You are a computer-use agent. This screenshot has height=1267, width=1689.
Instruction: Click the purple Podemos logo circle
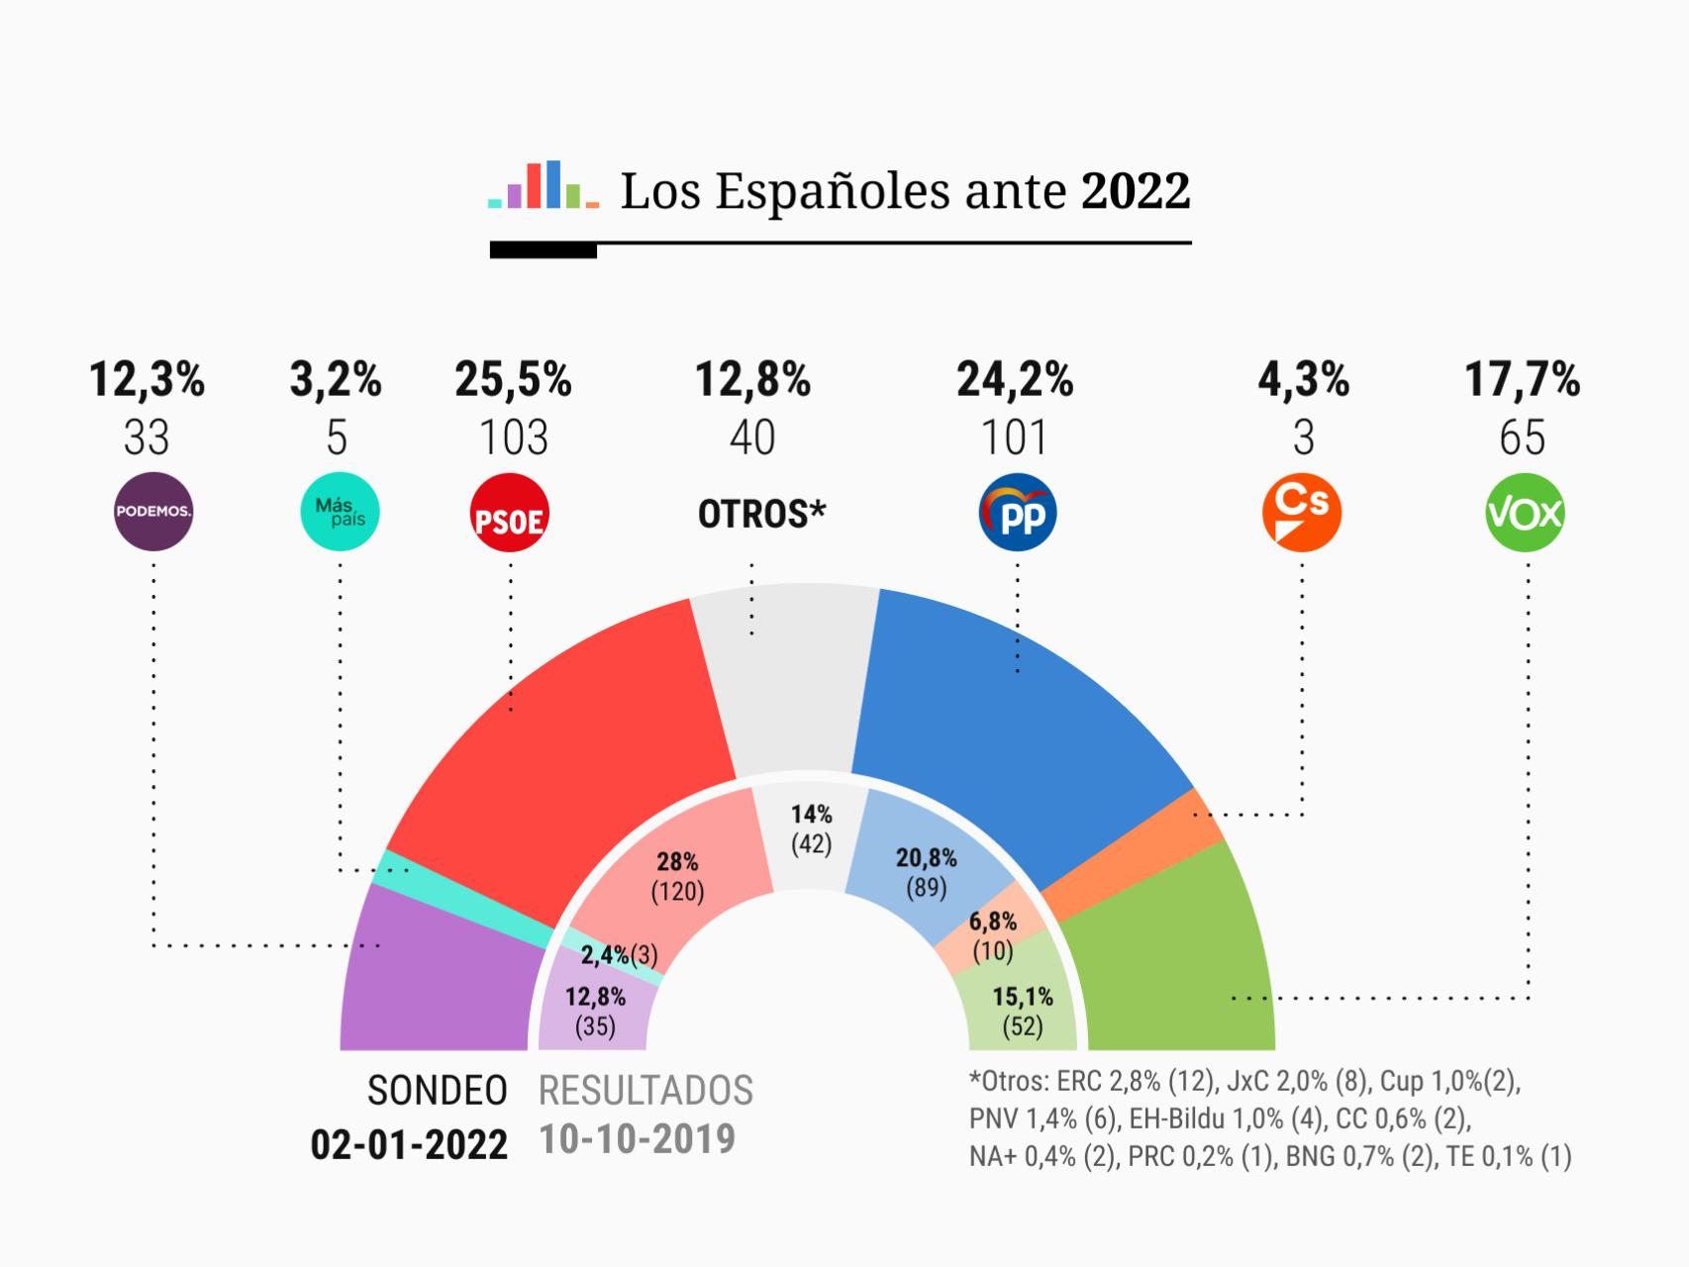(153, 512)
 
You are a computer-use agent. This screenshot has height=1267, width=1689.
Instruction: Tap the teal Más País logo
(340, 512)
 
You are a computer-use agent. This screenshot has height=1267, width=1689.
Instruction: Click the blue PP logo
(1018, 514)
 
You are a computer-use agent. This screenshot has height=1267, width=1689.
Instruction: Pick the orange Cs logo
(1302, 514)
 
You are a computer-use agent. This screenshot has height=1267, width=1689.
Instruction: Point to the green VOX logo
(1525, 514)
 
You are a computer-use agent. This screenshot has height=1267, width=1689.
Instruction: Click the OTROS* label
(761, 514)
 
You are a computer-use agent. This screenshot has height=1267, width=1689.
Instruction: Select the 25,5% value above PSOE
(513, 380)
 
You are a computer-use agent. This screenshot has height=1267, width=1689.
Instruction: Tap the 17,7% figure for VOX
(1522, 380)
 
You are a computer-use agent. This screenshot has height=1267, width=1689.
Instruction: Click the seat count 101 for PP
(1014, 439)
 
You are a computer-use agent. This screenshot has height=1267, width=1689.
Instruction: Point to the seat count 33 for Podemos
(147, 439)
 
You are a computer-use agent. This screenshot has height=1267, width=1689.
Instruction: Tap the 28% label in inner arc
(677, 861)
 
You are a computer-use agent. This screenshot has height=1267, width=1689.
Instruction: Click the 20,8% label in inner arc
(927, 858)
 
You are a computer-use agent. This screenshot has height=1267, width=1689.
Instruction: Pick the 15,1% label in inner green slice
(1023, 997)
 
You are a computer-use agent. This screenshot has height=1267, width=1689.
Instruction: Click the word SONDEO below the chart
(437, 1090)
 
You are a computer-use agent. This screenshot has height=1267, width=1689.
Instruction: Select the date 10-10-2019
(637, 1139)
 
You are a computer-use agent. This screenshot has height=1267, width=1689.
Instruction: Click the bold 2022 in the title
(1135, 191)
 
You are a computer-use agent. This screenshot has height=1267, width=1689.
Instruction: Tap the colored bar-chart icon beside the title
(543, 185)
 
